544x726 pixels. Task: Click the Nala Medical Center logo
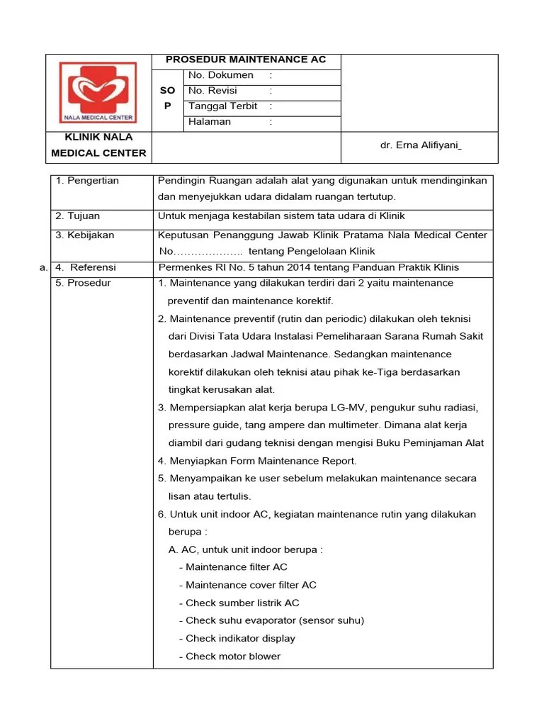point(98,91)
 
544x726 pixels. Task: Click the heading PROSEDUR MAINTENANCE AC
point(246,60)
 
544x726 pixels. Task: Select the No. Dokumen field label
point(220,75)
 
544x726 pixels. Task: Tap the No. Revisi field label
point(212,91)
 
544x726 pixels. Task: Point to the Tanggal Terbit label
point(222,106)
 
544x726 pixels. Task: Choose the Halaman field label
point(210,122)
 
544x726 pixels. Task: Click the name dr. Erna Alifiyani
point(421,145)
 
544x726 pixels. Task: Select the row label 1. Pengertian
point(87,181)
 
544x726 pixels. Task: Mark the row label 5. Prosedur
point(83,283)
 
